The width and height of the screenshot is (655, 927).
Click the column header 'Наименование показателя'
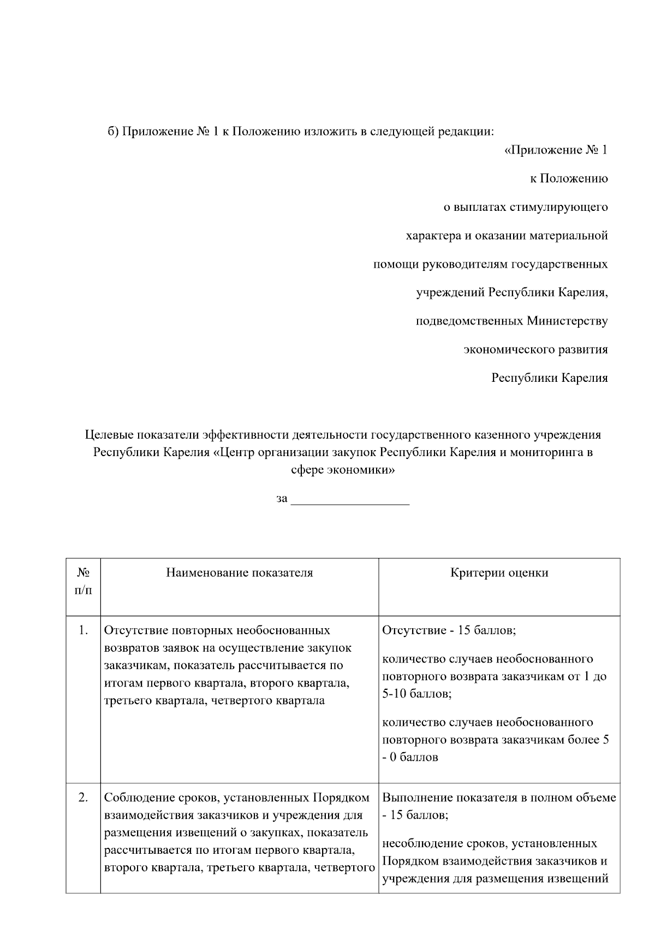click(x=240, y=573)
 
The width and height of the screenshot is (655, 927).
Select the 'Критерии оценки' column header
click(x=499, y=573)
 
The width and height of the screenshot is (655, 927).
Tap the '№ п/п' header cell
click(x=83, y=581)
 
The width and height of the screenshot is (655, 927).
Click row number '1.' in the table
click(x=83, y=630)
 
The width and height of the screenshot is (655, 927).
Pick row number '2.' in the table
click(x=83, y=798)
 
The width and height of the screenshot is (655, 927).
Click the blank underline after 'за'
click(x=350, y=499)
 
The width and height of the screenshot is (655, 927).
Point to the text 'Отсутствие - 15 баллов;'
click(x=449, y=630)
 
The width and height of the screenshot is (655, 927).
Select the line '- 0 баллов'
click(x=410, y=757)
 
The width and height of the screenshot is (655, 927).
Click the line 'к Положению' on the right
click(x=569, y=179)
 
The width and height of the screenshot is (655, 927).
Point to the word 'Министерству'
click(x=567, y=321)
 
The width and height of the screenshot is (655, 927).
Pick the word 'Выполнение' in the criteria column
click(x=417, y=798)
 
